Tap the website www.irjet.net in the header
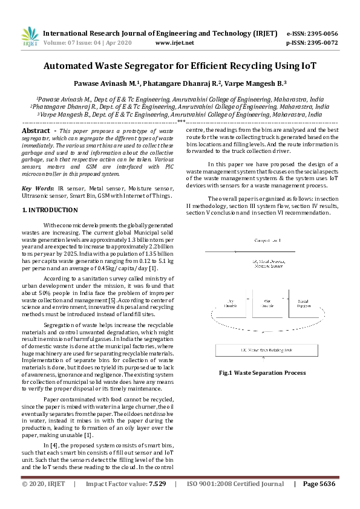point(174,43)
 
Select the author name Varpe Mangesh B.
point(260,83)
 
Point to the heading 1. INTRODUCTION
point(50,210)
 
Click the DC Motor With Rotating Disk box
point(263,350)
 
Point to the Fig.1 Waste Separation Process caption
point(262,373)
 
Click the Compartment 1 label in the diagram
point(263,241)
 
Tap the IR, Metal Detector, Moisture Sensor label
point(263,262)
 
